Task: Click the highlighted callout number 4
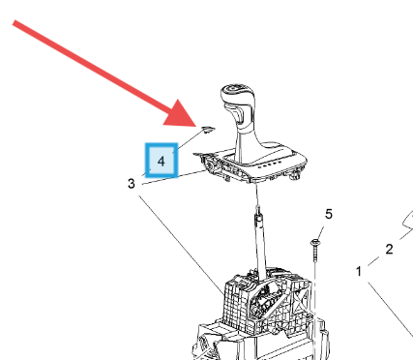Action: [162, 161]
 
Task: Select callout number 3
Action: [131, 184]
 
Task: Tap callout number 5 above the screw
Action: [328, 214]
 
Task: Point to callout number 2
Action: [389, 249]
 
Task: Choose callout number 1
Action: [359, 271]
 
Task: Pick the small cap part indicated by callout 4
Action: [208, 130]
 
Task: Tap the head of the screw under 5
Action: [314, 242]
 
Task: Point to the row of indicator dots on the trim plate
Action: [269, 165]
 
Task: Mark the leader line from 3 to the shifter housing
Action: [181, 244]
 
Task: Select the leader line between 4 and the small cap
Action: [189, 140]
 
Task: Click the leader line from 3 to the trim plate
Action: [173, 177]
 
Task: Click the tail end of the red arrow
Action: [15, 23]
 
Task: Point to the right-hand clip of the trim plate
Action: [294, 176]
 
